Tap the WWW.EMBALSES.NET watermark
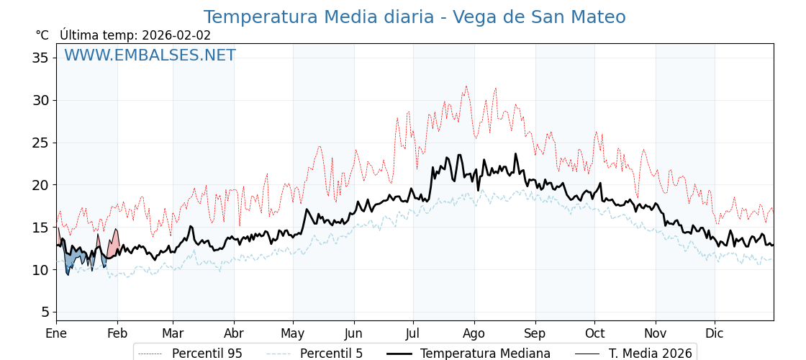pyautogui.click(x=150, y=55)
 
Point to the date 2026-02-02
pyautogui.click(x=176, y=35)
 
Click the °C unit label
pyautogui.click(x=42, y=35)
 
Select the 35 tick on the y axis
pyautogui.click(x=40, y=58)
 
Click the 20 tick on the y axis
pyautogui.click(x=40, y=185)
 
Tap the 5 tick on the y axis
pyautogui.click(x=45, y=312)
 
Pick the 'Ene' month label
pyautogui.click(x=56, y=333)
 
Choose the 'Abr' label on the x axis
pyautogui.click(x=234, y=333)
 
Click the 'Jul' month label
pyautogui.click(x=413, y=333)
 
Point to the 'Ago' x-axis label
pyautogui.click(x=474, y=333)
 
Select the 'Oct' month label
pyautogui.click(x=594, y=333)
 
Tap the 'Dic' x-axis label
pyautogui.click(x=715, y=333)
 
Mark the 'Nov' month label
pyautogui.click(x=656, y=333)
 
